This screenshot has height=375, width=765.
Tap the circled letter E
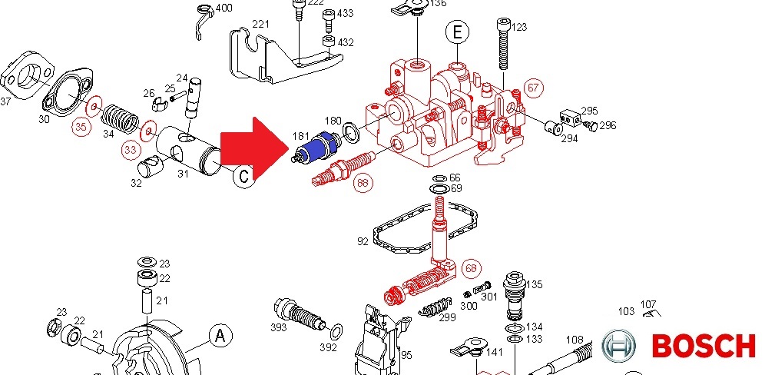pos(457,32)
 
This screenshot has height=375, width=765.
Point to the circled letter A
pos(220,336)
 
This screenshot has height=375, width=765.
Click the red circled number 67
pos(533,88)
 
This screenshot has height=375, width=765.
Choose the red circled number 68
pos(471,268)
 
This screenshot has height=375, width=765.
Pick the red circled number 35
pos(81,129)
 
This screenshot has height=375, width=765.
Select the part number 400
pos(224,8)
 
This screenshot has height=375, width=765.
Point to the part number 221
pos(260,25)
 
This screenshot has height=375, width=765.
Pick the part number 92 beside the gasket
pos(363,241)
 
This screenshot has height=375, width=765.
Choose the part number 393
pos(278,327)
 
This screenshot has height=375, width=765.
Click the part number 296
pos(608,125)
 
